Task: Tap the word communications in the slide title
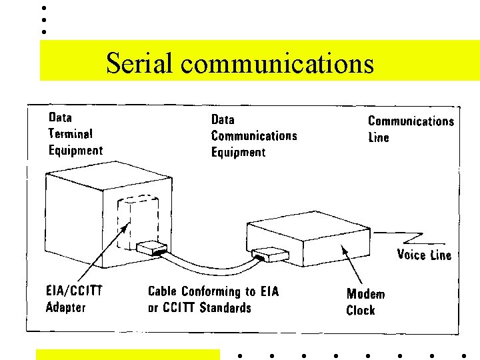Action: [x=277, y=64]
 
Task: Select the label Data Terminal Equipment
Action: [x=75, y=134]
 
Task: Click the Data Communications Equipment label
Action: [x=254, y=136]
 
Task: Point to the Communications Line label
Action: [x=411, y=129]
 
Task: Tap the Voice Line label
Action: [x=424, y=255]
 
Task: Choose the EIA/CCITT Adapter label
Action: [x=73, y=299]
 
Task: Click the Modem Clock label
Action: [x=365, y=302]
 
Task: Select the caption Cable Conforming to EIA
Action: [x=213, y=291]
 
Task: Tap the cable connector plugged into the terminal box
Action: [x=151, y=248]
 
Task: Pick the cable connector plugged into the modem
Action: [x=271, y=255]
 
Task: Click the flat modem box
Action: [x=313, y=243]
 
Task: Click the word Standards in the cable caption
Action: [x=225, y=308]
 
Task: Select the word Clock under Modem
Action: [x=361, y=311]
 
